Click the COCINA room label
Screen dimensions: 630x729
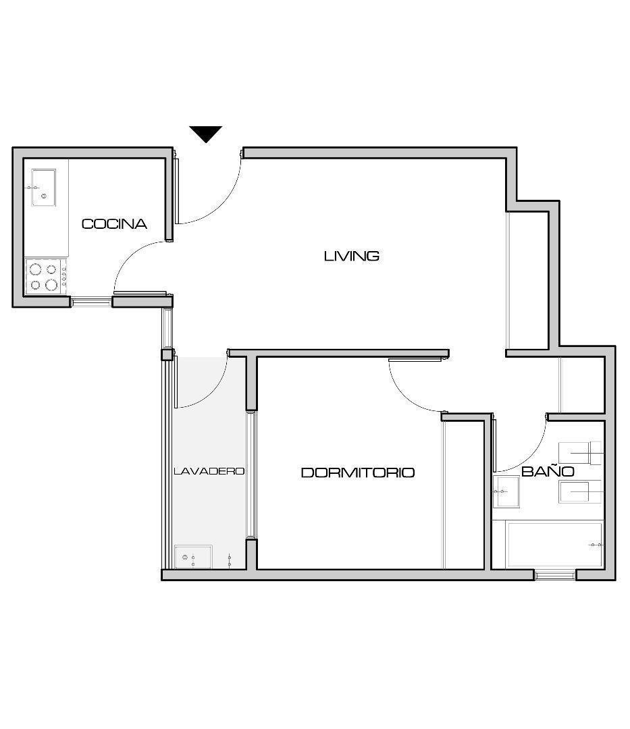coord(114,224)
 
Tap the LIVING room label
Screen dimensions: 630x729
coord(352,256)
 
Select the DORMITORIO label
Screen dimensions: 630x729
coord(358,473)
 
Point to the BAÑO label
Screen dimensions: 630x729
coord(548,471)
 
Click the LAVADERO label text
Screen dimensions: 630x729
coord(209,471)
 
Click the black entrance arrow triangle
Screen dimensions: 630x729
coord(205,134)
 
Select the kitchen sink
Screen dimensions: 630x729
coord(43,188)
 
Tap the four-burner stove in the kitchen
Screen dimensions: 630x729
coord(46,277)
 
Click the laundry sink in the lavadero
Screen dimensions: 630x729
coord(193,557)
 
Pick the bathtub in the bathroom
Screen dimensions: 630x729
coord(554,545)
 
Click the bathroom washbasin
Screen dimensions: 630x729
coord(506,491)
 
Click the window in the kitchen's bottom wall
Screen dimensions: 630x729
coord(91,302)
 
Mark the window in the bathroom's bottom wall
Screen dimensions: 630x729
coord(554,575)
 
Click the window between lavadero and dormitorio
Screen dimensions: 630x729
coord(251,475)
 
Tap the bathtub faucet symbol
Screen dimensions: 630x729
coord(596,545)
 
